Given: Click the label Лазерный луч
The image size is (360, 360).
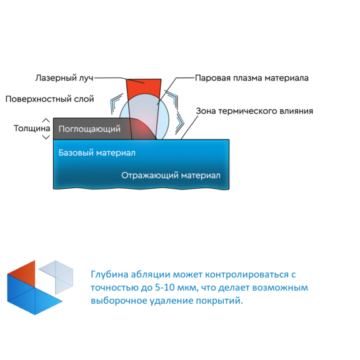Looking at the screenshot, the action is tap(64, 78).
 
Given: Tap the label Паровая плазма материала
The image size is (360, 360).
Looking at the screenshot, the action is tap(252, 78).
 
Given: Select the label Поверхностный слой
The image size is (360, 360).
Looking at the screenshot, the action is tap(49, 99).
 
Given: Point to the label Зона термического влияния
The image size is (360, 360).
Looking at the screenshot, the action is tap(254, 111).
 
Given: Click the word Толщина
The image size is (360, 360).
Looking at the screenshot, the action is tap(32, 128).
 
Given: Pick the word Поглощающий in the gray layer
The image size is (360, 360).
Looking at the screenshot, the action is tap(89, 129).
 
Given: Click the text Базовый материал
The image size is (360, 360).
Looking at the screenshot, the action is tap(97, 152).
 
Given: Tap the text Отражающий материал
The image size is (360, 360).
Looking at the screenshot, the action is tap(171, 176).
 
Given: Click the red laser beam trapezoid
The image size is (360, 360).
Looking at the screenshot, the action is tap(144, 88).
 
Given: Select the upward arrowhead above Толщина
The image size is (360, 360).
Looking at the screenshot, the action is tap(46, 120).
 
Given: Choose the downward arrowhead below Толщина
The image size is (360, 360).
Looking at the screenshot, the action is tap(46, 137).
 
